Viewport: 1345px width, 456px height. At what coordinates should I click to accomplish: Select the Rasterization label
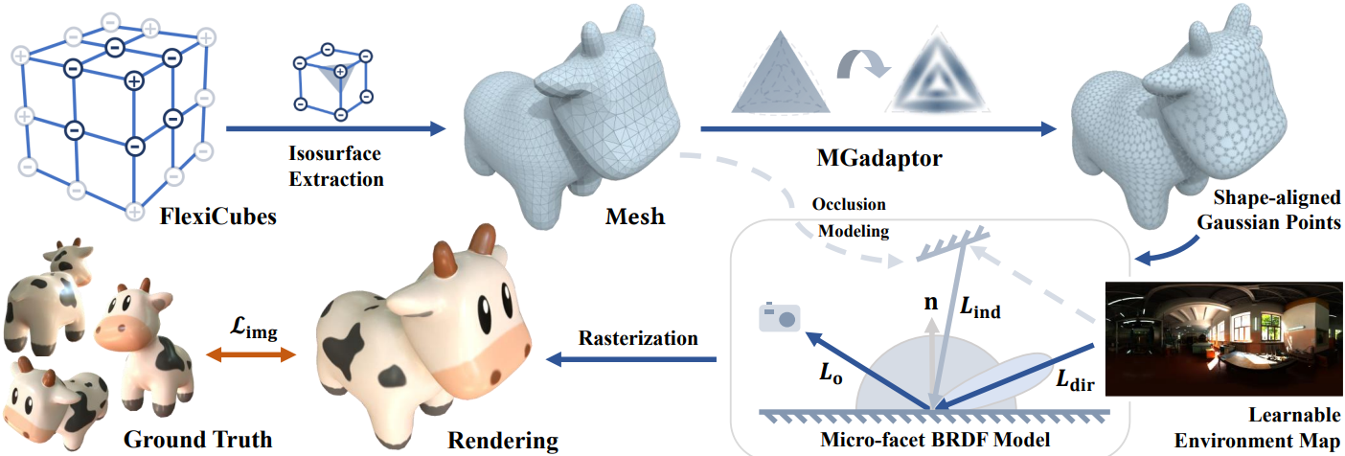(x=638, y=338)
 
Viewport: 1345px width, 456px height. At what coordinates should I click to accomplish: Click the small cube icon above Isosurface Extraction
(x=331, y=78)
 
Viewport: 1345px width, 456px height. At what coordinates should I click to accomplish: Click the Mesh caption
(x=636, y=216)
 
